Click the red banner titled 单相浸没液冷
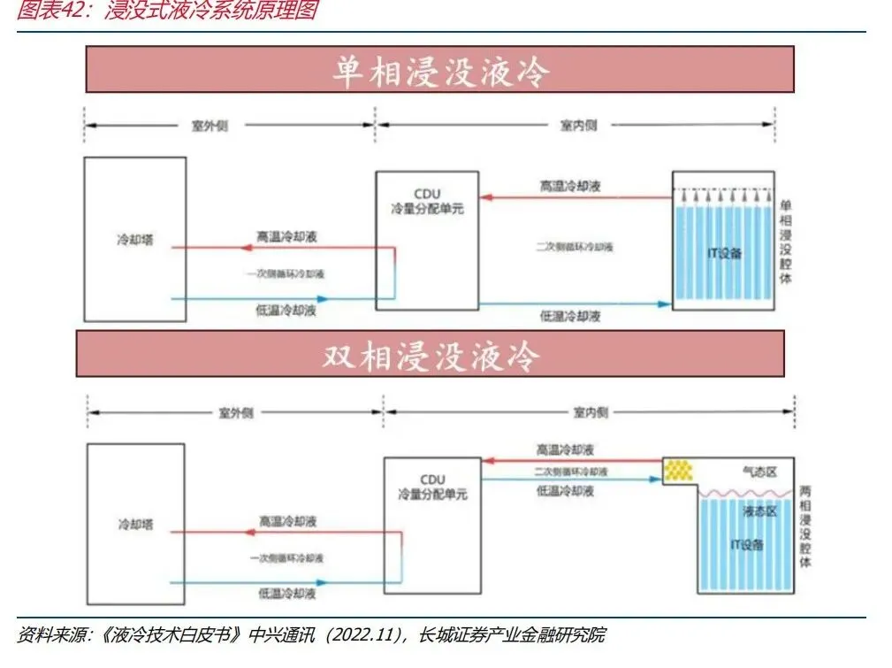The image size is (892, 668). [439, 70]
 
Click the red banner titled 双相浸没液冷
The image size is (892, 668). [430, 354]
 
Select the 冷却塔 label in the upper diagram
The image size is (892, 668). [134, 240]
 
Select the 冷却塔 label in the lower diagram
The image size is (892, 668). [135, 524]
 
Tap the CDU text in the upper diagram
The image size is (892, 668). [427, 194]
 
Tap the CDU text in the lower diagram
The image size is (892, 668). [433, 479]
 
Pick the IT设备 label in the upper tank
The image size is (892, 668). [725, 254]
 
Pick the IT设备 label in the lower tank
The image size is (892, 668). [746, 543]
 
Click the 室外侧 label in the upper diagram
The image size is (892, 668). [210, 125]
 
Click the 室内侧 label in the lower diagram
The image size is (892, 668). [590, 412]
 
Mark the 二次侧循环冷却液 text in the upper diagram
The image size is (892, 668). [575, 247]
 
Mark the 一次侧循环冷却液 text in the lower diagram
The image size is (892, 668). [286, 557]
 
